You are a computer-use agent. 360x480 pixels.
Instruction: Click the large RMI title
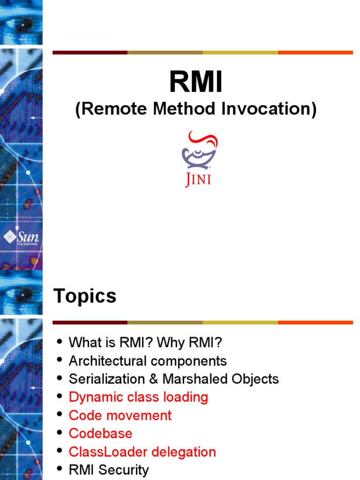pyautogui.click(x=196, y=82)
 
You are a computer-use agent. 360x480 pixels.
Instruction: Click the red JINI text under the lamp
pyautogui.click(x=198, y=180)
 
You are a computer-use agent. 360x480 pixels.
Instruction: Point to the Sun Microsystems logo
pyautogui.click(x=21, y=237)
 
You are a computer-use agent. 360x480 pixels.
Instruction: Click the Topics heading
pyautogui.click(x=85, y=296)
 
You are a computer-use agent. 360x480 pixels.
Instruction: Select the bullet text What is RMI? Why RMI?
pyautogui.click(x=145, y=343)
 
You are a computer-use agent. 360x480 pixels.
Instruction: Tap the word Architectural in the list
pyautogui.click(x=107, y=361)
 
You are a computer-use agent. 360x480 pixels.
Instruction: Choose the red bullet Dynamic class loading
pyautogui.click(x=138, y=397)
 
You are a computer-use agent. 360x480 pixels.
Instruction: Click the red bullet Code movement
pyautogui.click(x=120, y=415)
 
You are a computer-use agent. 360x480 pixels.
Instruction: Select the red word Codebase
pyautogui.click(x=100, y=434)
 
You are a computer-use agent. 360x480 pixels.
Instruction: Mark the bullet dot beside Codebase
pyautogui.click(x=59, y=433)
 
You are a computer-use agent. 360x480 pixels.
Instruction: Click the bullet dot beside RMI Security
pyautogui.click(x=59, y=469)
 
